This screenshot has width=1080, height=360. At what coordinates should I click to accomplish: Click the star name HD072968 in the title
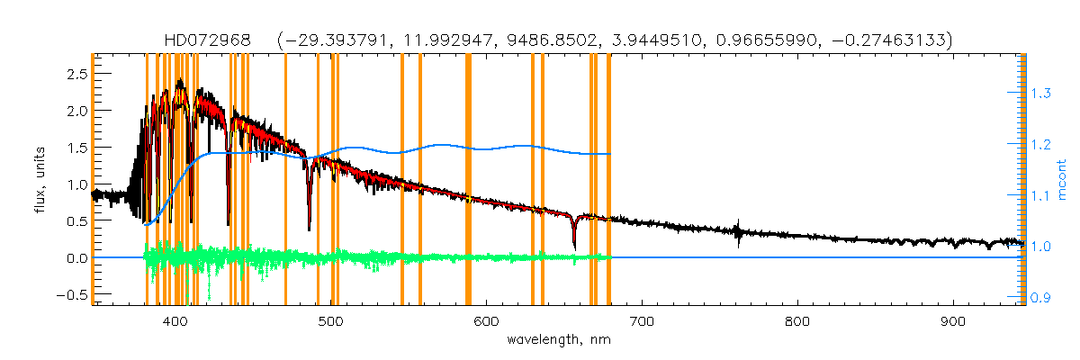(x=214, y=40)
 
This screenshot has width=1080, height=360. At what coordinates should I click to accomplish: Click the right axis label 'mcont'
(x=1062, y=180)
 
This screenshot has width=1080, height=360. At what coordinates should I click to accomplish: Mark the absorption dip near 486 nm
(x=310, y=225)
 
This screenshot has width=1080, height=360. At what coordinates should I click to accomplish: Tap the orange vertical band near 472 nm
(x=285, y=180)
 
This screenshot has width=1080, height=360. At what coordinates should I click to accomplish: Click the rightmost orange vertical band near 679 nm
(x=609, y=180)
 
